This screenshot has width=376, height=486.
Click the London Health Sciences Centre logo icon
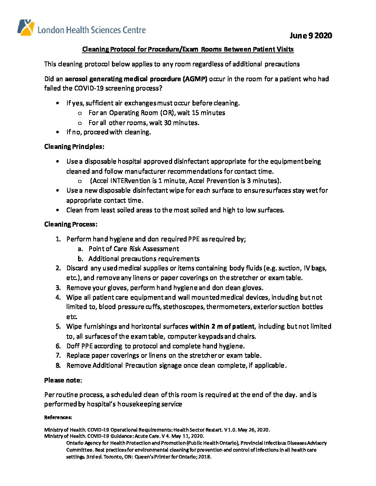[26, 28]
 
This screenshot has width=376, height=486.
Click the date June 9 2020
[311, 36]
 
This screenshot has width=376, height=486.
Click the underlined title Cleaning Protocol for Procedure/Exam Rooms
[188, 49]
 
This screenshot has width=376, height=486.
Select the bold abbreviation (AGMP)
[195, 79]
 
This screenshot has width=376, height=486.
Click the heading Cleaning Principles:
[74, 147]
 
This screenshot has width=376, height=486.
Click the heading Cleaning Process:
[70, 224]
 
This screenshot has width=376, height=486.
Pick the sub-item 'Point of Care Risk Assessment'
[133, 249]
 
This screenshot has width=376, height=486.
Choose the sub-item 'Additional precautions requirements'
[144, 259]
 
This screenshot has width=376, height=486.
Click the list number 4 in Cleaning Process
[58, 298]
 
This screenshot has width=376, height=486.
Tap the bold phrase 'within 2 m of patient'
[222, 327]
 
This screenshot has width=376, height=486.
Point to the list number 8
[58, 366]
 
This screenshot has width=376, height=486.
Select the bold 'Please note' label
[62, 380]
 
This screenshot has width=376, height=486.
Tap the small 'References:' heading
[58, 418]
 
